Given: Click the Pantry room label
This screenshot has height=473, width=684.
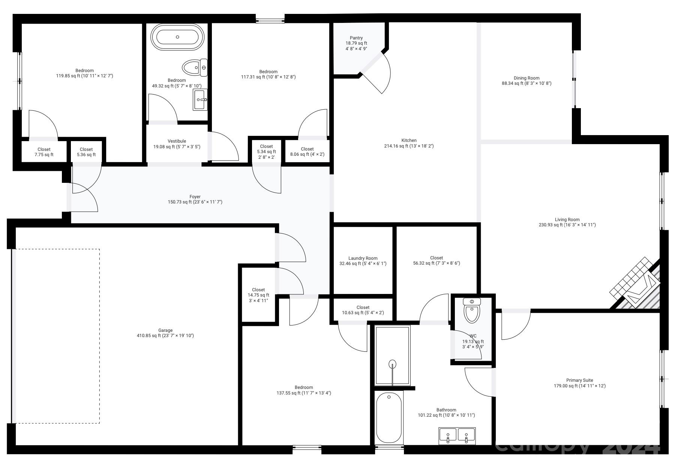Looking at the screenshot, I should (356, 38).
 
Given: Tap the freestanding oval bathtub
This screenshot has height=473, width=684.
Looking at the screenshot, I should (177, 37).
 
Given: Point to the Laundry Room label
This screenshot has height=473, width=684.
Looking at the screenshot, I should (363, 258).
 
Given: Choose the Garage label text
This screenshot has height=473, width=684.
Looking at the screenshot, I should (165, 330).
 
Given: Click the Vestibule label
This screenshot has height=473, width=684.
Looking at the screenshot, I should (177, 141).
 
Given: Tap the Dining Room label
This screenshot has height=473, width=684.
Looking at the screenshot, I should (526, 78).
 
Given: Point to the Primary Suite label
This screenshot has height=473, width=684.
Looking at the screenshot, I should (579, 380).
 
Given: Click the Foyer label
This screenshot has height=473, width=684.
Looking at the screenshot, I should (195, 197).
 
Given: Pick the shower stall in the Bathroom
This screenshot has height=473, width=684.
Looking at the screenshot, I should (392, 355).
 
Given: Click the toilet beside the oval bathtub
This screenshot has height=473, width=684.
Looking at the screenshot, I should (195, 68).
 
